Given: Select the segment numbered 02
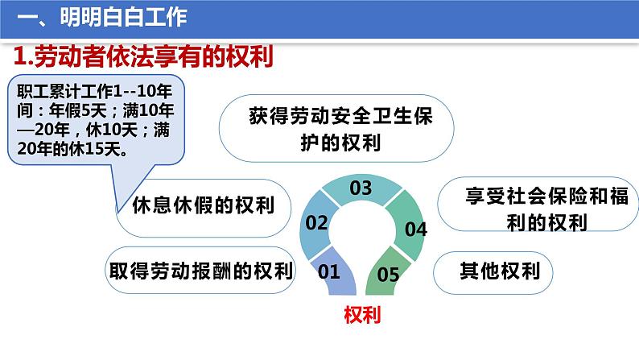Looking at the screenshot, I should [x=317, y=222].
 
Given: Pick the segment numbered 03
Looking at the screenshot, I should [x=361, y=189].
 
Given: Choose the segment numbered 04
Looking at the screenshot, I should [x=414, y=229].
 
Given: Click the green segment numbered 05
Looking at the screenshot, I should [x=388, y=274].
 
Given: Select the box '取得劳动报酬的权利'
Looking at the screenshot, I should [x=200, y=269].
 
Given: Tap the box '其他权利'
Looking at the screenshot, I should [x=493, y=270].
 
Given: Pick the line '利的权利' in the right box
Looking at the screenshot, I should [x=534, y=223].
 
